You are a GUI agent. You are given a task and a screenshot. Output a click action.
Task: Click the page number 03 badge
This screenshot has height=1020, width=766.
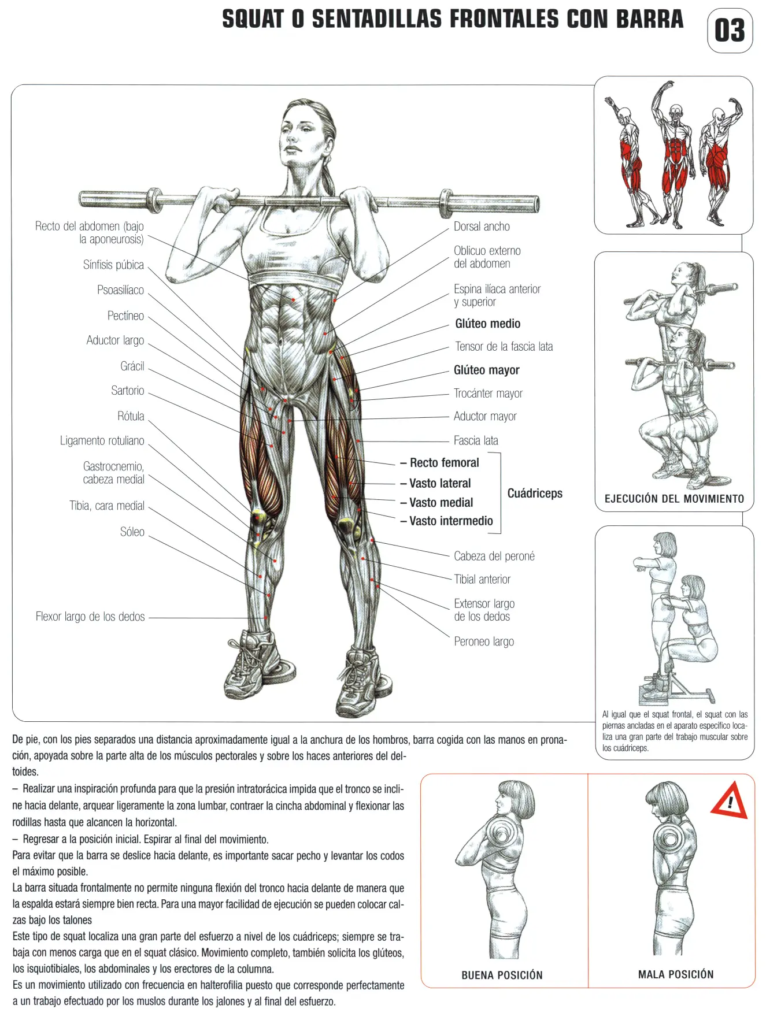(x=730, y=31)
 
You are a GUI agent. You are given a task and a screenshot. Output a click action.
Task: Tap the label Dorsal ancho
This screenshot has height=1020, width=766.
(x=482, y=227)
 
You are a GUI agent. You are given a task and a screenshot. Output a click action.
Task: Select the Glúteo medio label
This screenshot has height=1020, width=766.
(x=487, y=324)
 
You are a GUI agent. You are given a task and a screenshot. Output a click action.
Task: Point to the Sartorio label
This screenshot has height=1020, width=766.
(x=128, y=391)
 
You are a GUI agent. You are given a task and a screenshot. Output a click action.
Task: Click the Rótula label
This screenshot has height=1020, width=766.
(x=131, y=416)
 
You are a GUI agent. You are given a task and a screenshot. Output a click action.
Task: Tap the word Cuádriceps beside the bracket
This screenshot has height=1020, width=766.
(x=535, y=493)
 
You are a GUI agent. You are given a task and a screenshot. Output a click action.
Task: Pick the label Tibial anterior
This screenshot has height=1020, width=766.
(x=482, y=579)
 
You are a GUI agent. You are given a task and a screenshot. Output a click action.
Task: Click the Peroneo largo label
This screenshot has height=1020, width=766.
(x=484, y=641)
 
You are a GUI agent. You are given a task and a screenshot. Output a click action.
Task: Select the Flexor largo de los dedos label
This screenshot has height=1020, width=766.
(x=90, y=617)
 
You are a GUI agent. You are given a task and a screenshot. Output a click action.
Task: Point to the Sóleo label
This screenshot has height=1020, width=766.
(x=132, y=532)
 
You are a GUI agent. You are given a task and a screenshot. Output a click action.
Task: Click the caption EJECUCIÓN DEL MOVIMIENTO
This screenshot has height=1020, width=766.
(x=674, y=499)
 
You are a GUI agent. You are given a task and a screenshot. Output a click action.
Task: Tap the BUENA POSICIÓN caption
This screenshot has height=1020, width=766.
(x=502, y=975)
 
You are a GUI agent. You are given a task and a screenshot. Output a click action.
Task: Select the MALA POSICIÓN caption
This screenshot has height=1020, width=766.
(x=676, y=974)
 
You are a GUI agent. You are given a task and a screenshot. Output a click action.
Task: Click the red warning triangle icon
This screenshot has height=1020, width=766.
(x=730, y=800)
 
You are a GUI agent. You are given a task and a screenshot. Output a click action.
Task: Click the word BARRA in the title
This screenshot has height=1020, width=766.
(x=649, y=19)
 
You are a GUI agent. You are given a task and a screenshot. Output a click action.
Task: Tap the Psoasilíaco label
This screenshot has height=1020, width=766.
(x=120, y=290)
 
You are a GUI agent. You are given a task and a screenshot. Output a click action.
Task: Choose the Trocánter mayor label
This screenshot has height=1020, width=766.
(x=488, y=394)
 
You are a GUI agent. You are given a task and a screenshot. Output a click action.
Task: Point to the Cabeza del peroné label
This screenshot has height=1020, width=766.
(x=494, y=556)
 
